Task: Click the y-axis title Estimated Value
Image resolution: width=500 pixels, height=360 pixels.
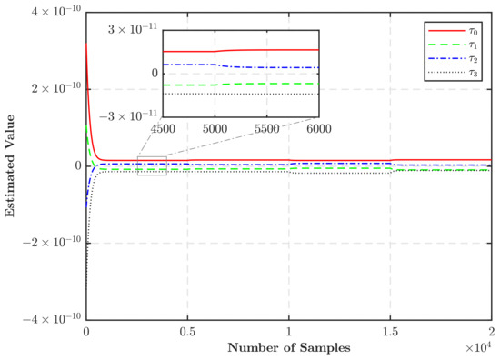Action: (x=10, y=166)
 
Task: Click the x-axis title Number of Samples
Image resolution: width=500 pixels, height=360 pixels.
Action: (x=288, y=347)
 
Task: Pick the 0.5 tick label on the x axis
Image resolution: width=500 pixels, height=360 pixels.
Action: (x=187, y=333)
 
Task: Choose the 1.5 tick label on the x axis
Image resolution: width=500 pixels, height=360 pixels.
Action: (x=390, y=333)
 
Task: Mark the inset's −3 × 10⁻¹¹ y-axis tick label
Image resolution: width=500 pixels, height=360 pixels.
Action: (x=131, y=115)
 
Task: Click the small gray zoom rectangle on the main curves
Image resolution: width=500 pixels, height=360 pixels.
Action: (x=152, y=165)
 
